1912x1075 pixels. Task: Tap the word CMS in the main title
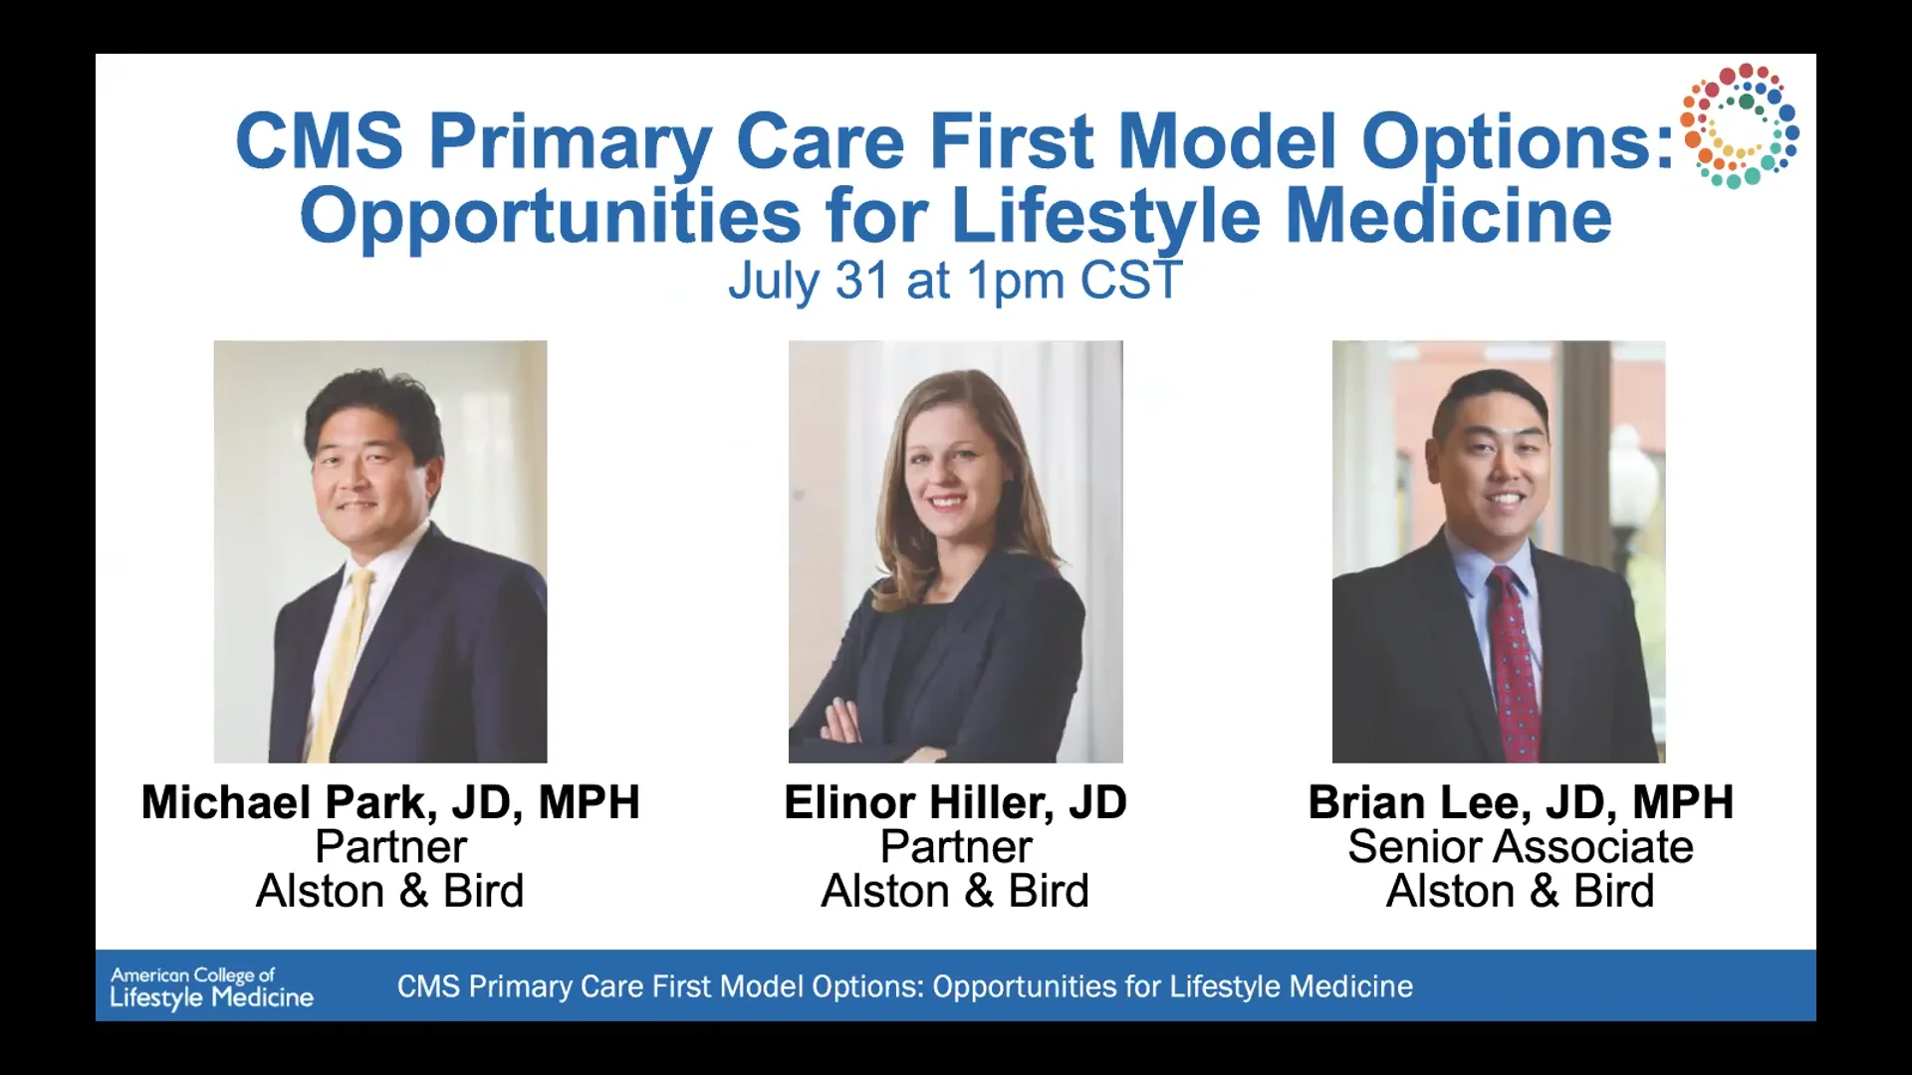tap(320, 141)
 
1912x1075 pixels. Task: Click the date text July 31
tap(808, 281)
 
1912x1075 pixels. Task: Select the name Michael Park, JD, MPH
tap(390, 802)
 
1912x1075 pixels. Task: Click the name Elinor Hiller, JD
tap(955, 802)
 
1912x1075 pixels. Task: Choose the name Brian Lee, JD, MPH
tap(1521, 802)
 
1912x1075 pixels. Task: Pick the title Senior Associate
tap(1521, 847)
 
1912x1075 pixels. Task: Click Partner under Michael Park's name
tap(390, 847)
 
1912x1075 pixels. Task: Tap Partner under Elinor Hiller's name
tap(955, 847)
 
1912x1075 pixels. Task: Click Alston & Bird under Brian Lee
tap(1521, 891)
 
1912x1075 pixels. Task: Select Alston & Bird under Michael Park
tap(390, 891)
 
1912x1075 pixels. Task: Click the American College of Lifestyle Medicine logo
tap(211, 987)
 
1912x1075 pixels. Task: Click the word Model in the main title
tap(1228, 141)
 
